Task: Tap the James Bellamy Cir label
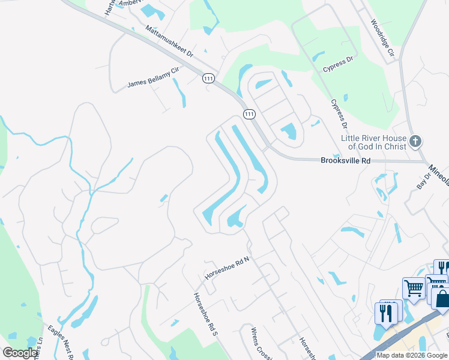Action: pyautogui.click(x=153, y=79)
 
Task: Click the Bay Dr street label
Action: pyautogui.click(x=424, y=182)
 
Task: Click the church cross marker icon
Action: pyautogui.click(x=415, y=142)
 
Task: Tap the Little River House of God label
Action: pyautogui.click(x=373, y=142)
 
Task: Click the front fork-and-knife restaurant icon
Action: pyautogui.click(x=384, y=313)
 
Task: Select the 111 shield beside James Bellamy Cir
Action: pyautogui.click(x=208, y=79)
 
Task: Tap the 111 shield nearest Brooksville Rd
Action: pyautogui.click(x=249, y=114)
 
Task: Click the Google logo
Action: pyautogui.click(x=20, y=353)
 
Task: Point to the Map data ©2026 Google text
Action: pyautogui.click(x=412, y=355)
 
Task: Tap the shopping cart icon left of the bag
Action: pyautogui.click(x=414, y=289)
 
